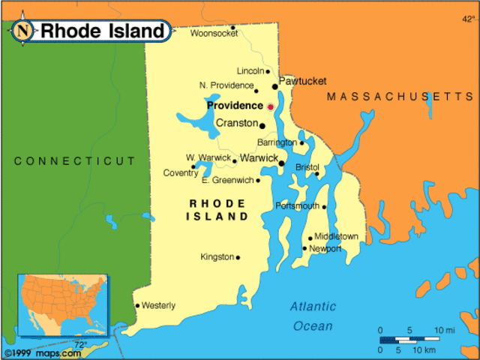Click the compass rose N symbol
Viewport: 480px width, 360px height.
(x=24, y=31)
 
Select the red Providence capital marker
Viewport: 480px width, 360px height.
(x=271, y=106)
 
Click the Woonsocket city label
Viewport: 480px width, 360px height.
(x=210, y=34)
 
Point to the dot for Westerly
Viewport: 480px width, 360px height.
(x=137, y=305)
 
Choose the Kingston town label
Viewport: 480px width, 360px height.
(x=217, y=257)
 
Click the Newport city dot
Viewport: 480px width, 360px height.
(x=304, y=248)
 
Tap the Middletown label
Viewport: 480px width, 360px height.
(x=336, y=236)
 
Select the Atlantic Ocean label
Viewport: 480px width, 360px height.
(x=313, y=316)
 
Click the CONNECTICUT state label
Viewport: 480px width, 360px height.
(x=75, y=160)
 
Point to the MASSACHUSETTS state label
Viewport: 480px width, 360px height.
(x=400, y=97)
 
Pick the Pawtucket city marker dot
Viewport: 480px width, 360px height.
(x=275, y=86)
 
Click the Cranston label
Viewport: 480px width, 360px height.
(x=236, y=123)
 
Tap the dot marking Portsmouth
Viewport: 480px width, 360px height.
(x=324, y=206)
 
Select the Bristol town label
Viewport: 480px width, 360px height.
(x=307, y=166)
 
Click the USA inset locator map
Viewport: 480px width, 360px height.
(x=63, y=304)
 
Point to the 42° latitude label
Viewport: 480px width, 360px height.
(x=468, y=18)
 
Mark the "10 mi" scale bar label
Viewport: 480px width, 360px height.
(x=444, y=330)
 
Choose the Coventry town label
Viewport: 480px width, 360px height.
(x=181, y=173)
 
